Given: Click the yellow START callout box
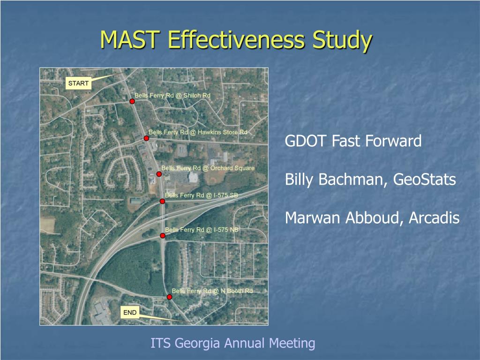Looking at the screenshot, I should click(x=78, y=83).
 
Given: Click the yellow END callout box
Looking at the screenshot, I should click(x=130, y=313).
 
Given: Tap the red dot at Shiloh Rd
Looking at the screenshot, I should click(x=132, y=101).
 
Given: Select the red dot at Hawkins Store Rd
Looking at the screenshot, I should click(x=146, y=138).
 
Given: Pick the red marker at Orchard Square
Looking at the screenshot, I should click(x=159, y=174).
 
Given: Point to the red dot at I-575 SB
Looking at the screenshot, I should click(x=162, y=202).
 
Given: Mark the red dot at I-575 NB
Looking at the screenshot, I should click(x=163, y=236).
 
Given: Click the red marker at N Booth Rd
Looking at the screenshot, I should click(x=169, y=297).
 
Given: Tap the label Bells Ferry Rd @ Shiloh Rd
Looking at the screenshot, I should click(x=172, y=96).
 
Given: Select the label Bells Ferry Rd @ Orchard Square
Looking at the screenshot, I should click(x=208, y=168).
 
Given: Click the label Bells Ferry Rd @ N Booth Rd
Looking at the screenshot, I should click(x=212, y=291).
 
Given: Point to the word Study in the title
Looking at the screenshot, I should click(x=342, y=40).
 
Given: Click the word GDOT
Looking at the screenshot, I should click(x=307, y=141).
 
